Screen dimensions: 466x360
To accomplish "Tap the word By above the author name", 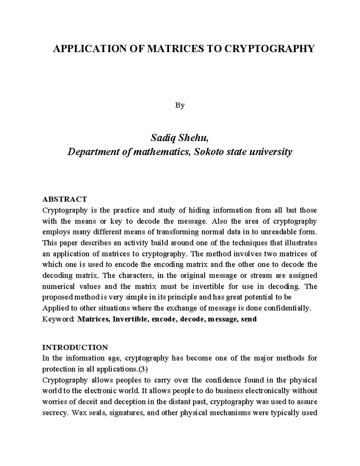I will pos(180,105).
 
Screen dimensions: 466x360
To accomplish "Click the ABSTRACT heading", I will pos(64,199).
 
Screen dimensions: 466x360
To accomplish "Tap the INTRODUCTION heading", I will pos(75,347).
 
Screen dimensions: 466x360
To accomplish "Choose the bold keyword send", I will pos(249,319).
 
